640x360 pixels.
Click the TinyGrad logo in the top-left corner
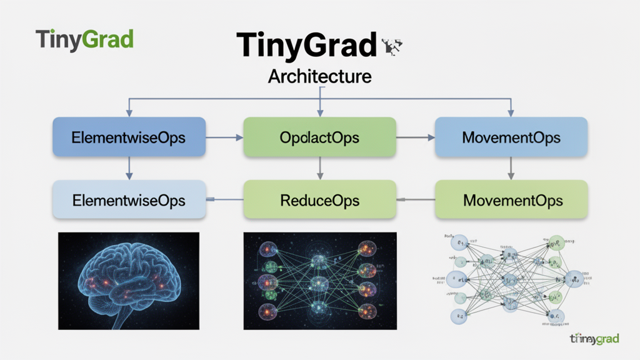84,39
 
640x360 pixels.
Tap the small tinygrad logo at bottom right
594,339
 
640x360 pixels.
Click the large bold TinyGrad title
307,46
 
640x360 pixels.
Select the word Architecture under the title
319,76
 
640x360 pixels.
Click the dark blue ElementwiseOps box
129,137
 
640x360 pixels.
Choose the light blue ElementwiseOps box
129,200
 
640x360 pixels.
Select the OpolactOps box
320,137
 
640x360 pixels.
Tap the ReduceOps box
320,200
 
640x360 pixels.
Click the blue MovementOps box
511,137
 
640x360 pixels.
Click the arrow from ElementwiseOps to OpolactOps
224,137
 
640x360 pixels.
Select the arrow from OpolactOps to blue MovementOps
416,137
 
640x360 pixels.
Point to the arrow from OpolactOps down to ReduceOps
320,167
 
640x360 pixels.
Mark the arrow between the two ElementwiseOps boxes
129,167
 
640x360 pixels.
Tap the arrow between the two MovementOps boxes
511,167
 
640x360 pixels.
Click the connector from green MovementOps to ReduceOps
416,200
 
